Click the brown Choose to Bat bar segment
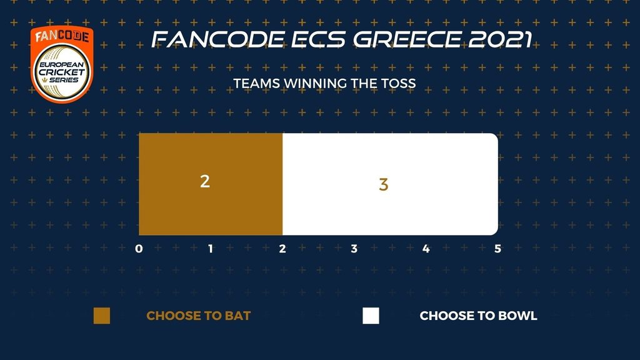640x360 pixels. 211,184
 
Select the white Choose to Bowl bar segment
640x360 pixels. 390,184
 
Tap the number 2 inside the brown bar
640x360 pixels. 205,181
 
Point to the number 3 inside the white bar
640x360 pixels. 383,184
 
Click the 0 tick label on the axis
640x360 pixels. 139,249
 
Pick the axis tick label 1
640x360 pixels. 211,249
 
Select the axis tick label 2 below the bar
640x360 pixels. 282,249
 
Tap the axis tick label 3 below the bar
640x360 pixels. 354,249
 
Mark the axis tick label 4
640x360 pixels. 426,249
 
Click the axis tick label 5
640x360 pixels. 497,249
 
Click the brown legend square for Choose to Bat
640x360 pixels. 102,316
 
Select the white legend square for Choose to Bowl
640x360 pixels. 371,316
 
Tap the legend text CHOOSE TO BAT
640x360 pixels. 198,316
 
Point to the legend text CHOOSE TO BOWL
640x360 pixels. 478,316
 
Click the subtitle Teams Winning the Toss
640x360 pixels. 324,83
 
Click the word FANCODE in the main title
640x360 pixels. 218,39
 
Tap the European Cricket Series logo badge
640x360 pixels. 62,64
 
